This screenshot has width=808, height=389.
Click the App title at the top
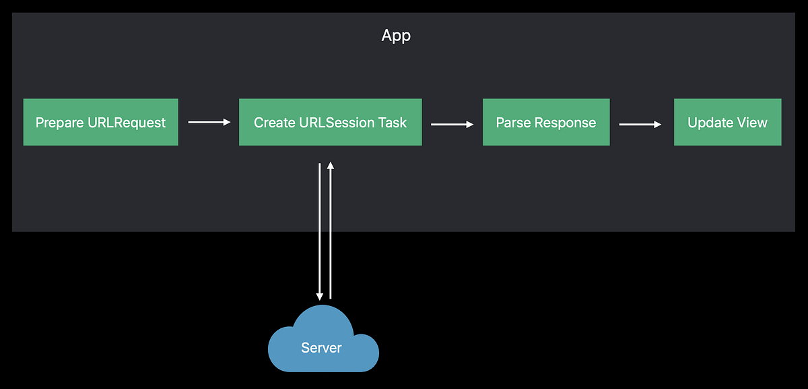396,35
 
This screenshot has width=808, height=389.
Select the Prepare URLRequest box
100,122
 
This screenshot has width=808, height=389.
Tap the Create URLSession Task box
330,122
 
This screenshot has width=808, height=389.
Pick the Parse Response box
546,122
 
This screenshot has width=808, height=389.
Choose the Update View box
727,122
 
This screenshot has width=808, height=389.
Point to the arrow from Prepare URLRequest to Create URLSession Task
209,122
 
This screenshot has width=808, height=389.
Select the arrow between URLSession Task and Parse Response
452,124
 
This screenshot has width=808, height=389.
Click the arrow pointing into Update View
640,124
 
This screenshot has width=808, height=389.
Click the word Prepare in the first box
59,123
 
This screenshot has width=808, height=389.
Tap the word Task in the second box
393,123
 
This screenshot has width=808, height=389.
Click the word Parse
510,123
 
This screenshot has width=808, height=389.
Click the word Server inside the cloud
321,348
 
